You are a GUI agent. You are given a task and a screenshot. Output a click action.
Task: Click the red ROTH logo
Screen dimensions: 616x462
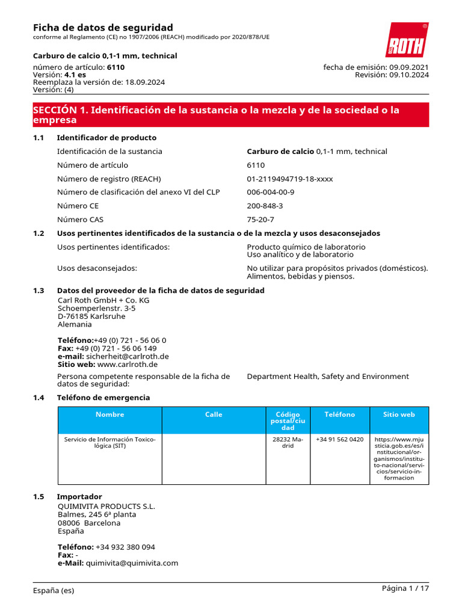click(x=407, y=40)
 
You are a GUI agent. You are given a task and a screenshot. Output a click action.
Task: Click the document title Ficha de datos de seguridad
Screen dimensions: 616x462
click(x=103, y=28)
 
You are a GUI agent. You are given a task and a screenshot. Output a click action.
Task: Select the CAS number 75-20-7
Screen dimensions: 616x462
click(x=260, y=220)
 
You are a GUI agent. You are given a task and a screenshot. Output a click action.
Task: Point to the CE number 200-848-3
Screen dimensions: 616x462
click(x=265, y=206)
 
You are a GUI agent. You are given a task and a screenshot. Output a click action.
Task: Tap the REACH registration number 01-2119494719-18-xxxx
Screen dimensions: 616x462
click(x=289, y=179)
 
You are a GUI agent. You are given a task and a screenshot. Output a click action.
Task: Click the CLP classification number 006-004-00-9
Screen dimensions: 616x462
click(x=270, y=192)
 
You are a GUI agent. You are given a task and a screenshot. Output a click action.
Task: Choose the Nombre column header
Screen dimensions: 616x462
click(x=109, y=414)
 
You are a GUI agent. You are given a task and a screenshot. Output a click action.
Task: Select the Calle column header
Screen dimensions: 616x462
click(x=214, y=414)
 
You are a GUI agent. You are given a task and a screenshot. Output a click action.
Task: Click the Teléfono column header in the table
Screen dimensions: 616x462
click(x=339, y=414)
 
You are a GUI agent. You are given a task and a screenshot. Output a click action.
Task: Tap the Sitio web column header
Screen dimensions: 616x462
click(x=399, y=414)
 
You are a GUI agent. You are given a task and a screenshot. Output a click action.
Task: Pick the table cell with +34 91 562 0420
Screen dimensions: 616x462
click(x=339, y=440)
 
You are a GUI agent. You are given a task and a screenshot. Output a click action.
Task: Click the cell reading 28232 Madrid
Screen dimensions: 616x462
click(x=288, y=443)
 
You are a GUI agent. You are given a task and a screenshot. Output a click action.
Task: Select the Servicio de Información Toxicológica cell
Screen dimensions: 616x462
click(x=109, y=443)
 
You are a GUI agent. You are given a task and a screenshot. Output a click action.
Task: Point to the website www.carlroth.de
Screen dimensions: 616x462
click(x=127, y=365)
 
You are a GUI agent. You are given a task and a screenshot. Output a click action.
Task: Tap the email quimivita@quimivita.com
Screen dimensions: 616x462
click(x=132, y=563)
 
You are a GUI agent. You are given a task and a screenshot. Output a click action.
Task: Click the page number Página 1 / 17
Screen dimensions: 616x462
click(x=405, y=588)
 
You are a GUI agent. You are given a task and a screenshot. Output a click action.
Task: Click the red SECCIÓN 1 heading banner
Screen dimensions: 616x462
click(x=231, y=115)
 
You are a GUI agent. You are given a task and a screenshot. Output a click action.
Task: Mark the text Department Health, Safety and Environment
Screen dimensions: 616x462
click(x=327, y=377)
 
